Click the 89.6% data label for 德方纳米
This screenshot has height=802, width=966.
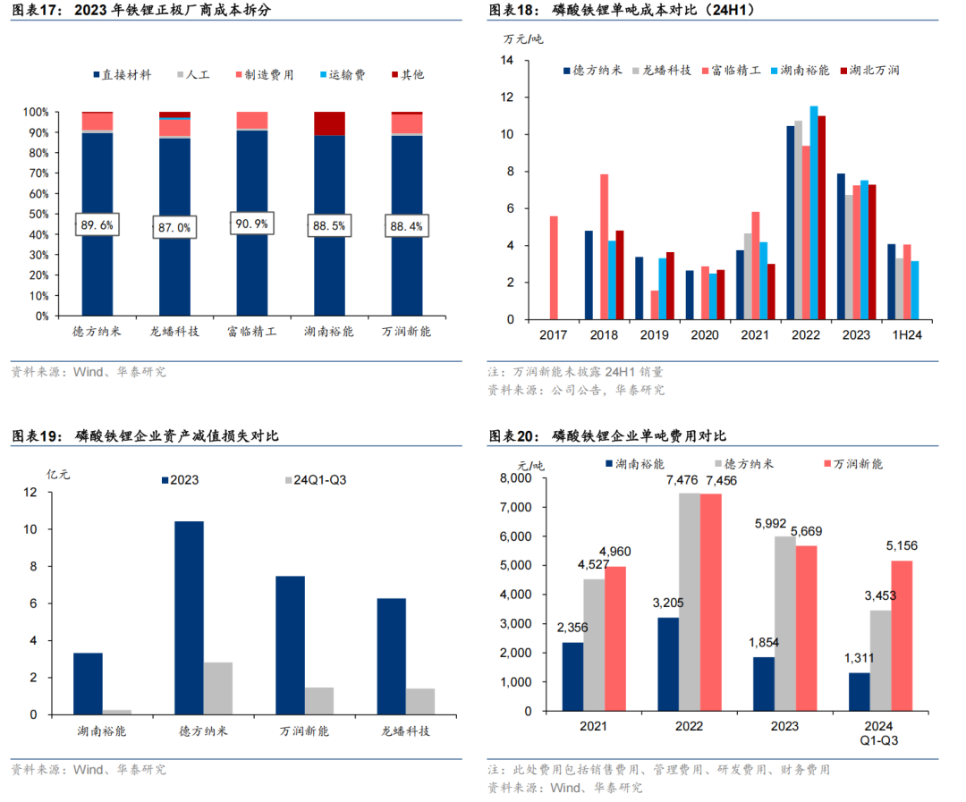[97, 225]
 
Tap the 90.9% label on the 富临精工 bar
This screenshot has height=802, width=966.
[251, 222]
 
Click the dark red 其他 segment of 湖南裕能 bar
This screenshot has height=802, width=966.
[329, 123]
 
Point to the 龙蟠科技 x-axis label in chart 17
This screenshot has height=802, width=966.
[174, 332]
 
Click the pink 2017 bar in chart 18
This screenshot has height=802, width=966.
[554, 267]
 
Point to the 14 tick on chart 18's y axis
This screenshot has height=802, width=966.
[508, 60]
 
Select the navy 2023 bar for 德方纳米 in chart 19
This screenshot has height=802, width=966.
[189, 617]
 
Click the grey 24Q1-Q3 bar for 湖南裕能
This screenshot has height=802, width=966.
[117, 712]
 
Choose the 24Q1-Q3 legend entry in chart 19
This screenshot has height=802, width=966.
[314, 480]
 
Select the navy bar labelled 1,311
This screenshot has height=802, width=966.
[859, 693]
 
